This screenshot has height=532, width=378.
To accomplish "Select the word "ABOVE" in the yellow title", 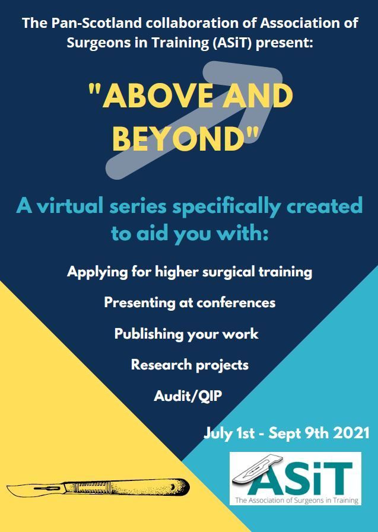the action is pos(158,95).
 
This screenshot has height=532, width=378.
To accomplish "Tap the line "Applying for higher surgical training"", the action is pos(190,272).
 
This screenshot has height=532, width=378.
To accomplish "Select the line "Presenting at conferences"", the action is pos(190,302).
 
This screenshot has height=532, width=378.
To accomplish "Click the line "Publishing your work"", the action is pos(186,334).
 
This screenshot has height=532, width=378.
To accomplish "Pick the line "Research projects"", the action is pos(190,365).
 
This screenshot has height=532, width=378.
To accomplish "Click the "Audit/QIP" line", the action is pos(188,396).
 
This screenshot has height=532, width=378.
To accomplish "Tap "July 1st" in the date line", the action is pos(229,434).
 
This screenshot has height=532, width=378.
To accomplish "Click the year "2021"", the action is pos(351,434).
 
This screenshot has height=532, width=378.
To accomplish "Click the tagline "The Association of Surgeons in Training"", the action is pos(297,500).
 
